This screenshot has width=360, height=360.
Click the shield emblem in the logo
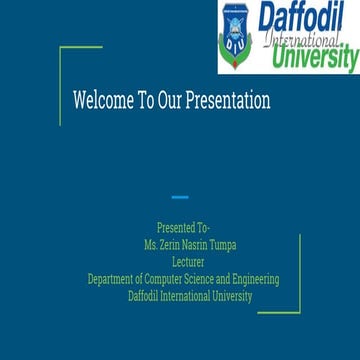click(234, 34)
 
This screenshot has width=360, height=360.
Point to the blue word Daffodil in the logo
click(300, 18)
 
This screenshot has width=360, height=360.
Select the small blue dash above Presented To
click(180, 197)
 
